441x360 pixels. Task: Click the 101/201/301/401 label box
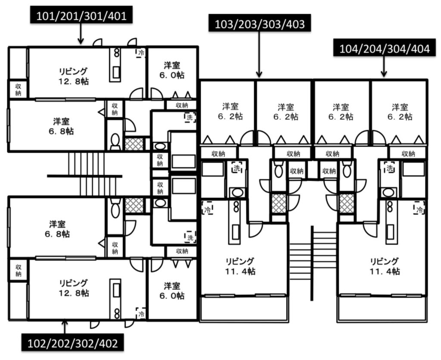coord(81,16)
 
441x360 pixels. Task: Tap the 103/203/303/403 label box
coord(259,24)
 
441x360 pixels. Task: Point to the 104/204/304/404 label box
coord(384,49)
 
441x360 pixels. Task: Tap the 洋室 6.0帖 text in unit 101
coord(172,70)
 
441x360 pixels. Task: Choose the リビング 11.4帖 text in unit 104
coord(385,266)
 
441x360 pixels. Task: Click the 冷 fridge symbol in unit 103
coord(207,210)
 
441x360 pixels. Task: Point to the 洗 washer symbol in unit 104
coord(390,168)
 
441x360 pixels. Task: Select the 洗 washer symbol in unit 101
coord(189,117)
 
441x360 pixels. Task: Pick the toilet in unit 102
coord(115,211)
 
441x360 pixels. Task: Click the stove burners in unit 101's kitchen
coord(116,54)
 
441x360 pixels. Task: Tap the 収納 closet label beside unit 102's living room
coord(18,270)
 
